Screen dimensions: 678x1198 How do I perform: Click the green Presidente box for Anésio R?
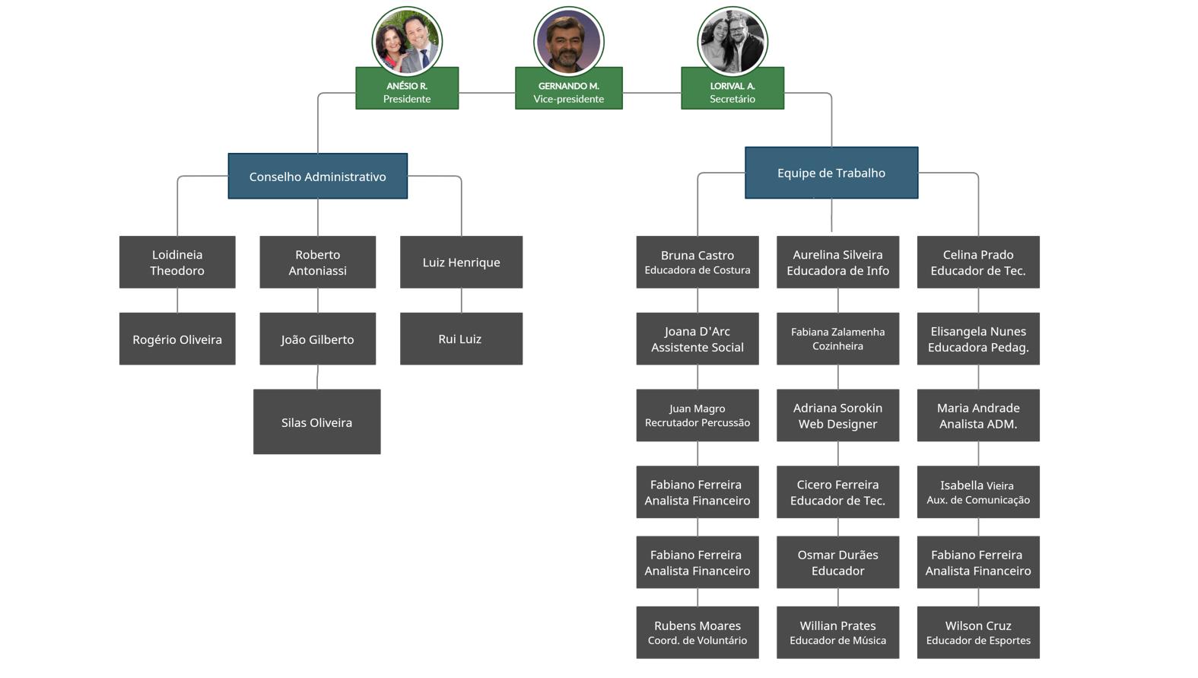(x=407, y=88)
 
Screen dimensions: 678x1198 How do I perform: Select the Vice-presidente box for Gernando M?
(x=568, y=88)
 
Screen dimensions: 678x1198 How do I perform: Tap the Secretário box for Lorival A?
(x=732, y=88)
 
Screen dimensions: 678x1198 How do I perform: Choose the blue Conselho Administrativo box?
(x=317, y=177)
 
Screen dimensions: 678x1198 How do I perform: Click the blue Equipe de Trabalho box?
(x=831, y=173)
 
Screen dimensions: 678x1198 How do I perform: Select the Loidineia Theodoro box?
(x=177, y=263)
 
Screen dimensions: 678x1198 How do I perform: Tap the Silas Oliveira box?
(x=316, y=422)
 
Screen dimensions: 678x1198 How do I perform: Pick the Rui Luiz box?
(x=461, y=339)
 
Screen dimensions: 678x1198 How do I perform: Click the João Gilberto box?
(x=317, y=339)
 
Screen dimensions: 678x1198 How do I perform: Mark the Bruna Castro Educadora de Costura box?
(x=697, y=263)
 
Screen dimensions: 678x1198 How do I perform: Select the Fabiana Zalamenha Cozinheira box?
(x=837, y=339)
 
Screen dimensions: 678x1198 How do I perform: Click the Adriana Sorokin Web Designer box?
(x=837, y=415)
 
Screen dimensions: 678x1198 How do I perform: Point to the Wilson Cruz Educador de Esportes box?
(x=978, y=632)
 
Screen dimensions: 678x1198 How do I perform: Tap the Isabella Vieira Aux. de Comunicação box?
(x=978, y=492)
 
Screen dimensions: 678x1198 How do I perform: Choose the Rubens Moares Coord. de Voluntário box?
(x=697, y=632)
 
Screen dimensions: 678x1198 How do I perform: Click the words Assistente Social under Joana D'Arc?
(x=697, y=348)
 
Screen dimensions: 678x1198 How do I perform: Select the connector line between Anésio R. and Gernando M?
(x=487, y=93)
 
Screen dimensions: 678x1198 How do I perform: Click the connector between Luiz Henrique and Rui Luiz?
(x=461, y=301)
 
